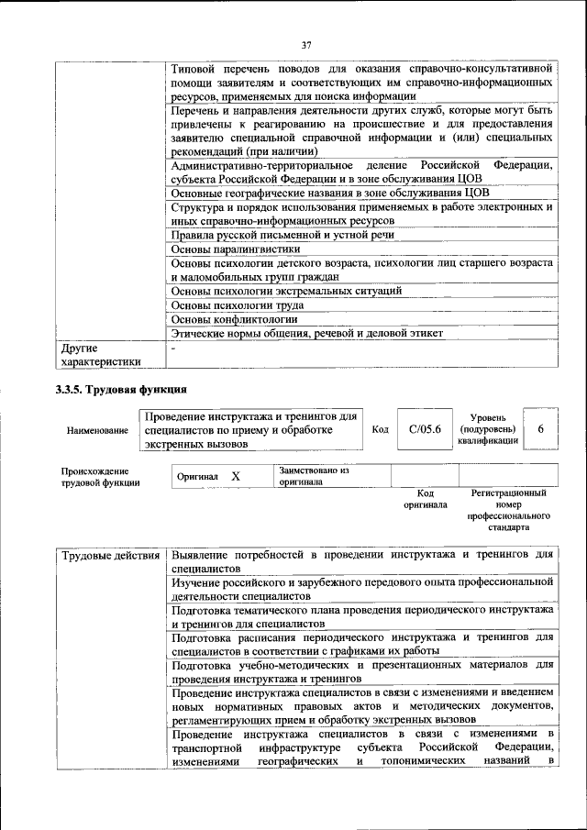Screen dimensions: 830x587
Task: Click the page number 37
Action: pyautogui.click(x=307, y=45)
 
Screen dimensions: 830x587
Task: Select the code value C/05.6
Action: pyautogui.click(x=425, y=429)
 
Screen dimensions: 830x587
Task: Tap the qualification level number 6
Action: pyautogui.click(x=540, y=429)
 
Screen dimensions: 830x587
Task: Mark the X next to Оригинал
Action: pyautogui.click(x=236, y=477)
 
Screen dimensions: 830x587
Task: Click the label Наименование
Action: pyautogui.click(x=97, y=430)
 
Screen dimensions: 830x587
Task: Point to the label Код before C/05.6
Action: pyautogui.click(x=380, y=429)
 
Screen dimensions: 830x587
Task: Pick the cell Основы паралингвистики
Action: pyautogui.click(x=236, y=249)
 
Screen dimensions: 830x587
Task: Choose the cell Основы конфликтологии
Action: pyautogui.click(x=235, y=319)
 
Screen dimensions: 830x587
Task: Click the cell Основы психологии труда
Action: pyautogui.click(x=238, y=304)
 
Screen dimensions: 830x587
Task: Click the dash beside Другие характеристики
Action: pyautogui.click(x=173, y=349)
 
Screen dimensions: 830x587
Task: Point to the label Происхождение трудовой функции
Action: pyautogui.click(x=100, y=476)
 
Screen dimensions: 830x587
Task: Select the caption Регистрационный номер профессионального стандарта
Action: pyautogui.click(x=509, y=511)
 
